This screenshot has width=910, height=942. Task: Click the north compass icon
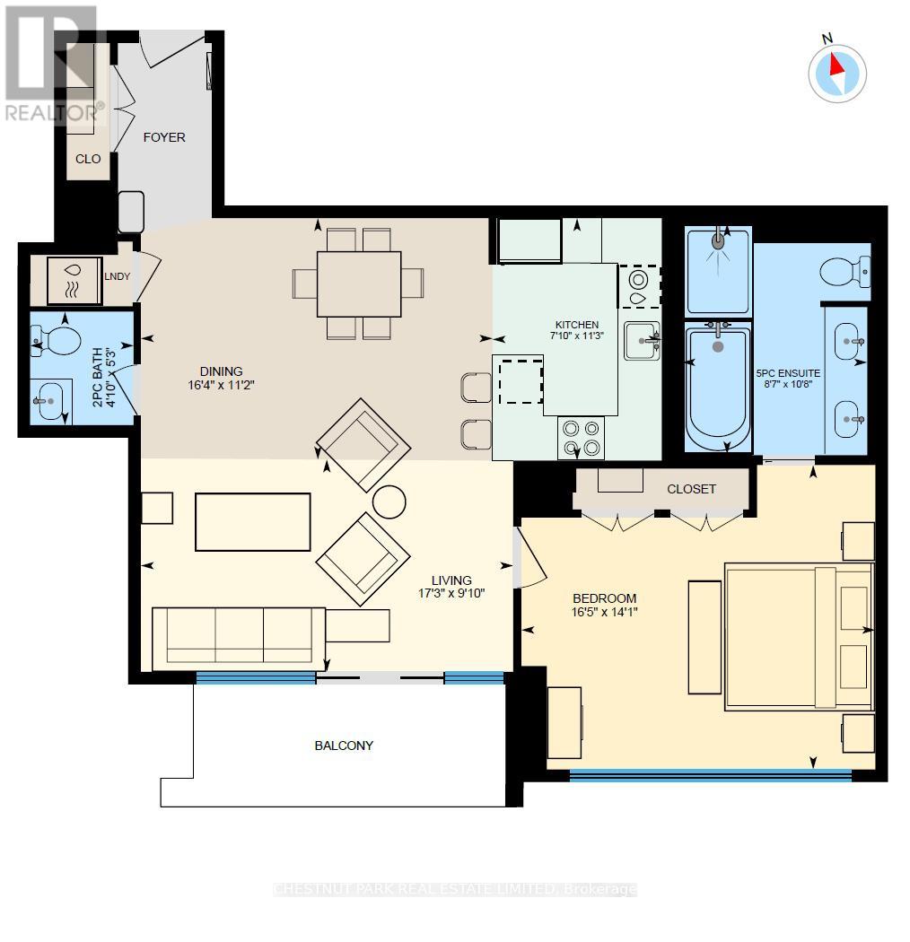[836, 72]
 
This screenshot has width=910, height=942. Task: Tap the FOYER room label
[164, 137]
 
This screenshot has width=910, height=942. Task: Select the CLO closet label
[88, 159]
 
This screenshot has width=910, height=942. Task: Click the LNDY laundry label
[118, 275]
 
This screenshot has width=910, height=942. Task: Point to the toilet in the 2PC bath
[58, 339]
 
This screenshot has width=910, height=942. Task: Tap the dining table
[359, 283]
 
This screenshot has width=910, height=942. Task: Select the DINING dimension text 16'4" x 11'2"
[222, 386]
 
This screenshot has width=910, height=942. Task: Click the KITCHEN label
[577, 325]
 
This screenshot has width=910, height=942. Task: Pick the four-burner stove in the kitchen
[580, 440]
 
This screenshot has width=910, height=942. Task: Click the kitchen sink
[642, 340]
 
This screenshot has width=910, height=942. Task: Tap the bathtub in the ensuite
[717, 388]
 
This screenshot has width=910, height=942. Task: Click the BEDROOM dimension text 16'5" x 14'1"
[605, 614]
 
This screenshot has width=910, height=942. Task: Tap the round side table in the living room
[389, 502]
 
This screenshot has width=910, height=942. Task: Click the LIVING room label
[451, 580]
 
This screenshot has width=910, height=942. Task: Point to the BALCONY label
[343, 746]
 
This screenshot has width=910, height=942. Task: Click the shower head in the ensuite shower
[718, 240]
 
